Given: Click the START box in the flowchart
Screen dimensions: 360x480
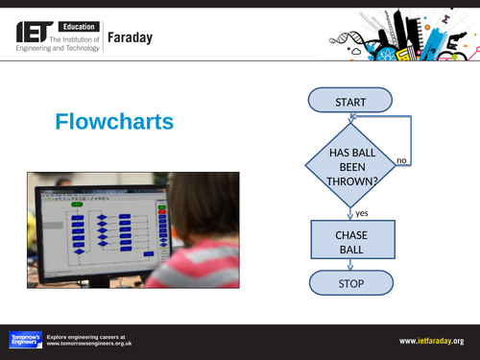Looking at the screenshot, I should (349, 101).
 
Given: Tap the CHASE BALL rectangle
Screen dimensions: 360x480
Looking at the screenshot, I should (350, 241).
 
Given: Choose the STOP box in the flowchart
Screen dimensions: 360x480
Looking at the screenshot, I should (350, 283).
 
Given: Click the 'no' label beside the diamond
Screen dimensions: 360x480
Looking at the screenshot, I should (402, 159).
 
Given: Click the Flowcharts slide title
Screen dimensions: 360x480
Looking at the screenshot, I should (114, 122).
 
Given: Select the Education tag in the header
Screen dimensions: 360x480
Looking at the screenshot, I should (84, 24).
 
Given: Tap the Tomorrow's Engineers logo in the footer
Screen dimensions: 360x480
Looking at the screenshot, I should (24, 340).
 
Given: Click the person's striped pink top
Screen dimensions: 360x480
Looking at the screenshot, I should (191, 266).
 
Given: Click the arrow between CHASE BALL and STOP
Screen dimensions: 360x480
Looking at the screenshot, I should (351, 265).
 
